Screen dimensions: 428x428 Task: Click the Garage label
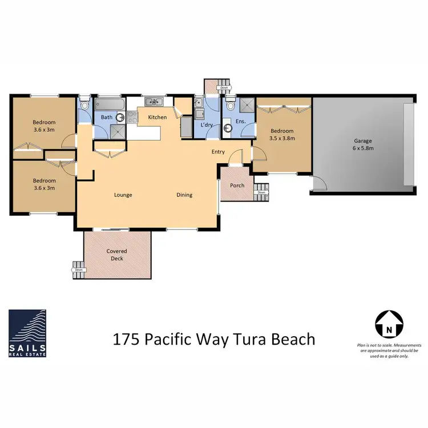(x=362, y=140)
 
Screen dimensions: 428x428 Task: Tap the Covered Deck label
(x=116, y=255)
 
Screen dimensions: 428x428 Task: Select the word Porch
(x=237, y=185)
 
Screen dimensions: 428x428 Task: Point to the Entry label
(x=218, y=152)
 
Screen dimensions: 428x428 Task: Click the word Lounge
(x=123, y=195)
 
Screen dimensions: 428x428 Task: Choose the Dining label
(x=184, y=195)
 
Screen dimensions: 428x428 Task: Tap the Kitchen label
(x=158, y=117)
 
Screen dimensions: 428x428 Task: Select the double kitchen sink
(x=154, y=103)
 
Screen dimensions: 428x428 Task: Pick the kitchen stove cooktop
(x=132, y=117)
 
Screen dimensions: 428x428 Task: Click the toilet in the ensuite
(x=230, y=105)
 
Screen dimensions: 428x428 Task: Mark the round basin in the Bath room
(x=120, y=118)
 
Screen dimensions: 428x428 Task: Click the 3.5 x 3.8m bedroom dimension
(x=282, y=138)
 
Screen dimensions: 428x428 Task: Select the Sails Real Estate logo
(x=27, y=333)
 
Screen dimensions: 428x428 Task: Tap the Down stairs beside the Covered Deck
(x=78, y=267)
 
